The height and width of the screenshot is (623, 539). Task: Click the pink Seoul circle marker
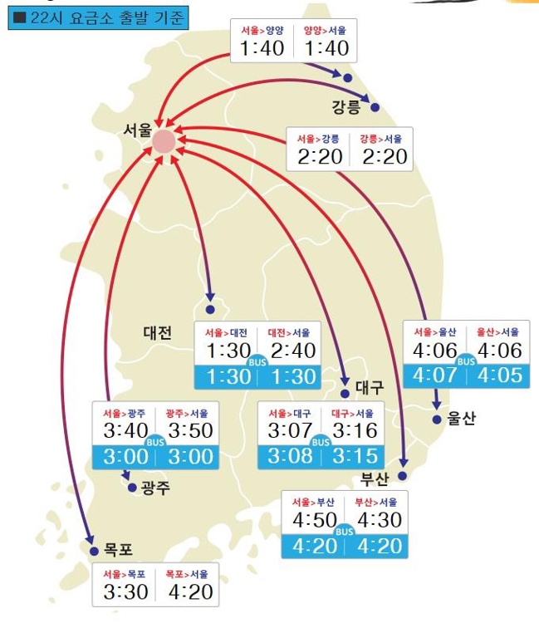164,141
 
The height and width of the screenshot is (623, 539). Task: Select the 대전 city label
158,333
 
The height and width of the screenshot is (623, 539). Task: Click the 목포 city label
118,550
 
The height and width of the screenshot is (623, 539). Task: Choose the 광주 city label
155,488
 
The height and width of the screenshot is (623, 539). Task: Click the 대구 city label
370,387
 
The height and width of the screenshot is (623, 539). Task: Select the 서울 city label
137,130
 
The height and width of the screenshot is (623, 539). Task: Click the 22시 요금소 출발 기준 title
98,17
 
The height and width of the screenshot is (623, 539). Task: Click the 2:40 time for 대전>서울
292,351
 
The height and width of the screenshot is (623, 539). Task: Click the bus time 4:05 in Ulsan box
501,375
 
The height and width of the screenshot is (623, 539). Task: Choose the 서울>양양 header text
262,31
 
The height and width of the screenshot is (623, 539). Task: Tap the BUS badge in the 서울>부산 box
344,531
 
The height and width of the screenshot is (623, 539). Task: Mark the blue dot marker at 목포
94,550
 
